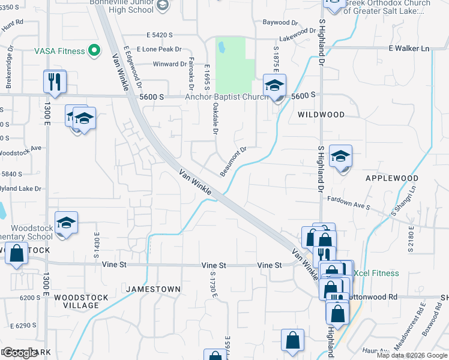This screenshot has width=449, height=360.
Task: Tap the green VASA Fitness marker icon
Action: (x=94, y=51)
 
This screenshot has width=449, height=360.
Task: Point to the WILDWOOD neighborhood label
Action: (x=321, y=115)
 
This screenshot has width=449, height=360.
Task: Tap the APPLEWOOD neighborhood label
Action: (x=391, y=179)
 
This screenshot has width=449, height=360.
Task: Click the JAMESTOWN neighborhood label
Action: (x=154, y=289)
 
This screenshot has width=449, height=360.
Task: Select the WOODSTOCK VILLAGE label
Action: (x=76, y=301)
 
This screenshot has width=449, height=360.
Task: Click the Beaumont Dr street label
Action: (x=234, y=161)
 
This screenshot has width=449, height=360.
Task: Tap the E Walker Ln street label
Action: (x=409, y=48)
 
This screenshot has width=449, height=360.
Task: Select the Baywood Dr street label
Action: (x=280, y=23)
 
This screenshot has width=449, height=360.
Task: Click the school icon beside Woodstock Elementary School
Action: (x=66, y=223)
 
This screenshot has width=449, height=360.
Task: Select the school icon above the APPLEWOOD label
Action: (x=340, y=157)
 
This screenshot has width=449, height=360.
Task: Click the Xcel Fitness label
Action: (x=376, y=274)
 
